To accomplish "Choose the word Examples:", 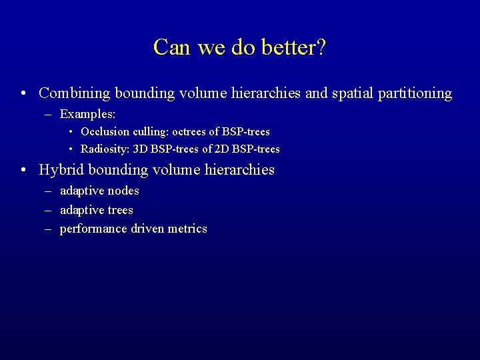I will tap(87, 115).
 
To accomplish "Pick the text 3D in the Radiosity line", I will tap(141, 149).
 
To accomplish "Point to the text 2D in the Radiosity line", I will tap(223, 149).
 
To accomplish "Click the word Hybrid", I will tap(59, 170).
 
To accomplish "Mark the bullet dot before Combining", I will tap(23, 94).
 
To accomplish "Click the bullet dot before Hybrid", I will tap(23, 170).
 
